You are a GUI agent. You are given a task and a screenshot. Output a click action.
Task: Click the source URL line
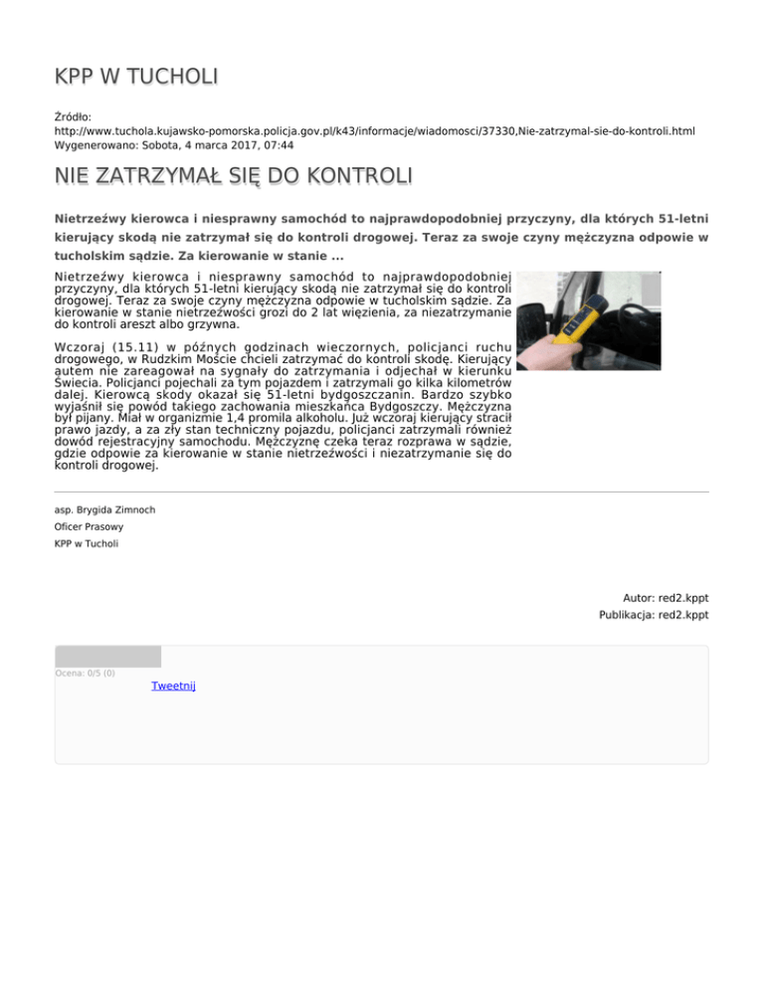click(x=374, y=130)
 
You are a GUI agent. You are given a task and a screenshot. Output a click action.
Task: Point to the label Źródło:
click(x=73, y=116)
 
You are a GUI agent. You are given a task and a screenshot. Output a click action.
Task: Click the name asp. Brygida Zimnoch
click(x=104, y=509)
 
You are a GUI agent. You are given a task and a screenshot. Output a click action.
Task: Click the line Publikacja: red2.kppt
click(x=654, y=616)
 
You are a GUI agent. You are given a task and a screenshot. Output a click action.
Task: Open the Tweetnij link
click(x=174, y=687)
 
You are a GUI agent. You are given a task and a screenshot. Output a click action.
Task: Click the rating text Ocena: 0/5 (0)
click(x=85, y=674)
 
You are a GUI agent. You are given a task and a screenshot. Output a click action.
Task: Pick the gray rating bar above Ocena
click(x=107, y=656)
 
